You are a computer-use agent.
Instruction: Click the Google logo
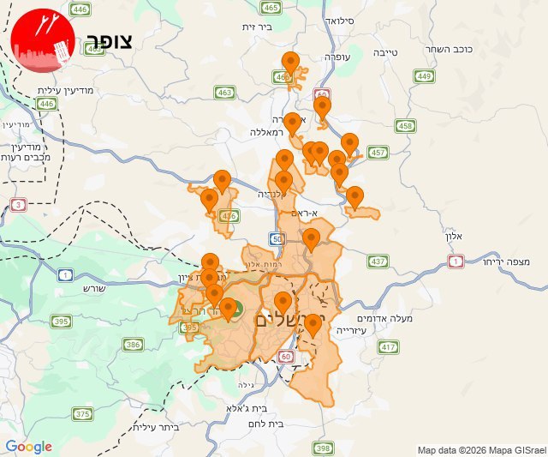click(28, 447)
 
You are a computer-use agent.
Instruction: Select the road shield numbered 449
click(424, 76)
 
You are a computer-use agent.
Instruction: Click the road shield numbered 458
click(405, 126)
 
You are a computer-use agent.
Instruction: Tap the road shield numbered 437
click(378, 261)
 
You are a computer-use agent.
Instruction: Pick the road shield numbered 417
click(390, 347)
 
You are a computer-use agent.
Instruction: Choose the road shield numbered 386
click(133, 345)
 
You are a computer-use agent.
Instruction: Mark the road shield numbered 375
click(82, 414)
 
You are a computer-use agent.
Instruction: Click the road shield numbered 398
click(324, 448)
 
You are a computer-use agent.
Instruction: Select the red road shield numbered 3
click(19, 204)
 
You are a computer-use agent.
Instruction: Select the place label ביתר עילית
click(159, 426)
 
